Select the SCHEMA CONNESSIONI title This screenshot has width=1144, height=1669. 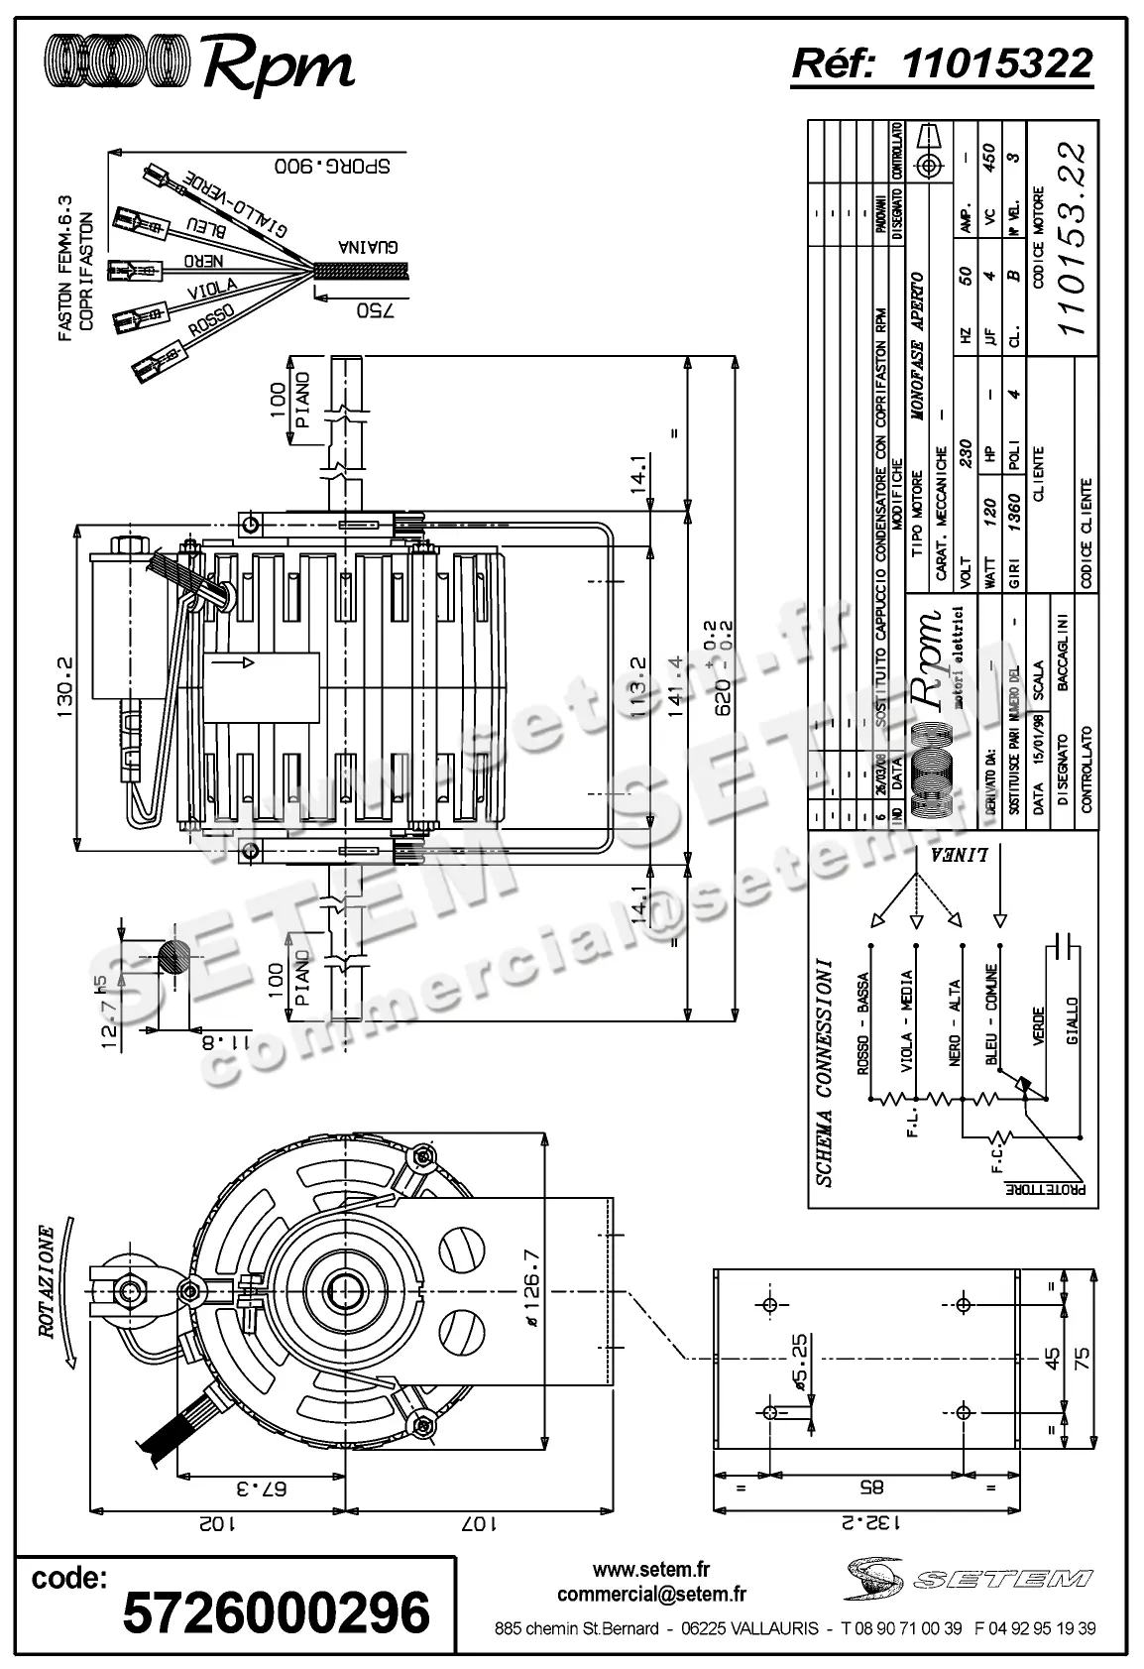coord(824,1072)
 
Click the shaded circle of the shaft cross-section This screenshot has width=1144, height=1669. coord(173,959)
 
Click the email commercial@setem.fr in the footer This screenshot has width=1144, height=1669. coord(651,1594)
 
